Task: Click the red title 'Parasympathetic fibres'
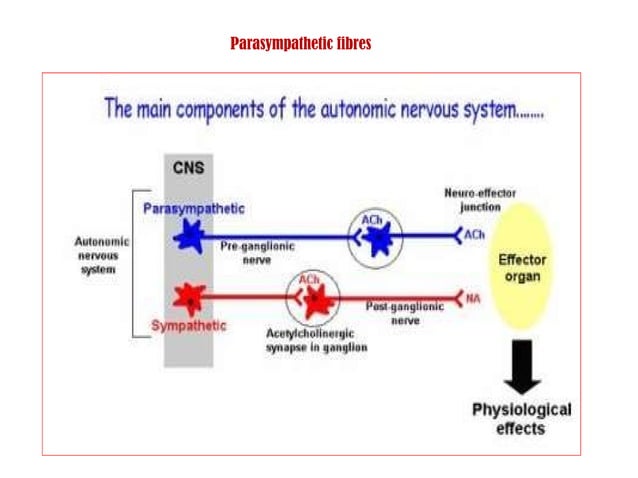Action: pyautogui.click(x=300, y=44)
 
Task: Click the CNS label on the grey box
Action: pyautogui.click(x=187, y=168)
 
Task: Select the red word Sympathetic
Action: pyautogui.click(x=188, y=325)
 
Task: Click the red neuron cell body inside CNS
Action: pyautogui.click(x=188, y=297)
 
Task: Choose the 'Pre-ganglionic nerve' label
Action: pyautogui.click(x=250, y=253)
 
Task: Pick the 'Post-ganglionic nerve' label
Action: pyautogui.click(x=405, y=313)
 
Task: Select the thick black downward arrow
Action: pyautogui.click(x=521, y=366)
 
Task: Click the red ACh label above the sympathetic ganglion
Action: pyautogui.click(x=309, y=277)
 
